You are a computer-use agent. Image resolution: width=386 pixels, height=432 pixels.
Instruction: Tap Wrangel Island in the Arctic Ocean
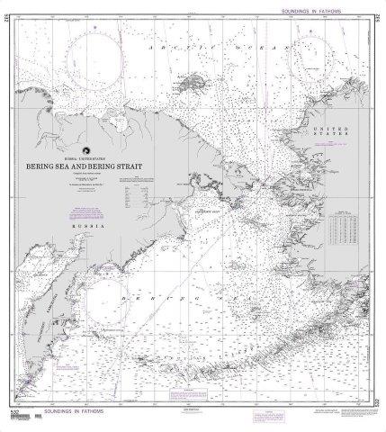point(191,85)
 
